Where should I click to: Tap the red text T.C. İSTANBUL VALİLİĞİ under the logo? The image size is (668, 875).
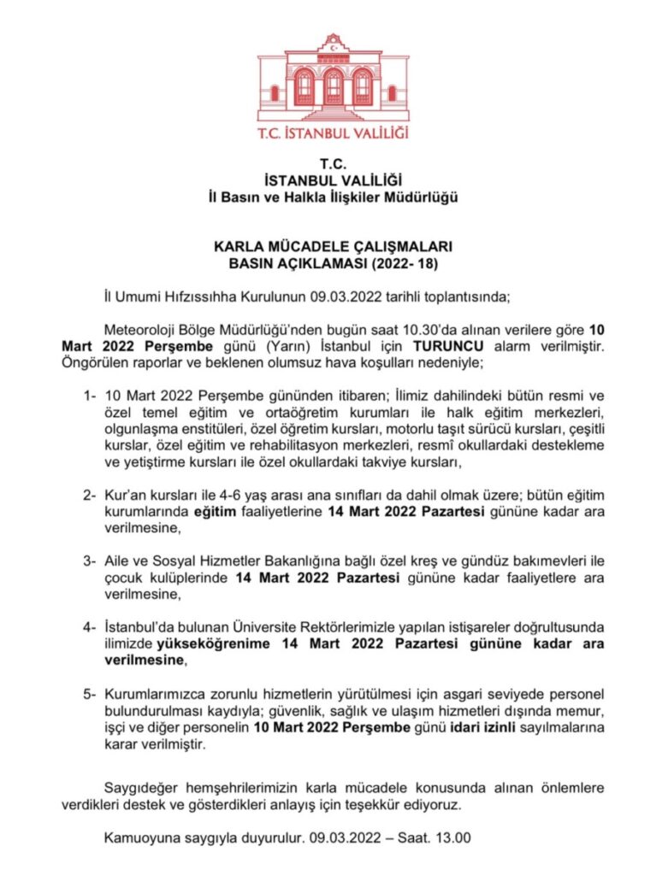[333, 133]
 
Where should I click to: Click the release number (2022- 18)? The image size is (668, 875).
[401, 264]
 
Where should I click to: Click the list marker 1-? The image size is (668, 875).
[89, 396]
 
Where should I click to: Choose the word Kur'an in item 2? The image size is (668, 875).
[123, 496]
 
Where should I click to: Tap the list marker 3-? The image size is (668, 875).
[89, 562]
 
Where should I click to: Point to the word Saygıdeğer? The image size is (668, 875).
[141, 786]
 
